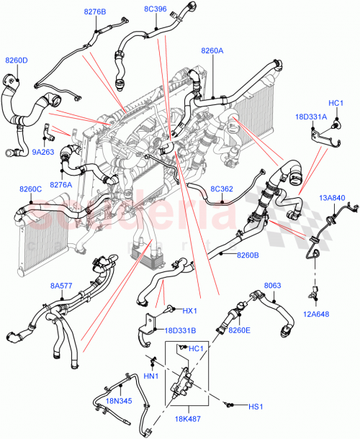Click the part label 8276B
pyautogui.click(x=94, y=12)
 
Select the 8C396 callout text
pyautogui.click(x=155, y=9)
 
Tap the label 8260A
pyautogui.click(x=212, y=51)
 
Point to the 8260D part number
pyautogui.click(x=17, y=60)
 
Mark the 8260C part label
pyautogui.click(x=31, y=189)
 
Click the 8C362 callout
pyautogui.click(x=221, y=190)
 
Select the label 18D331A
pyautogui.click(x=310, y=117)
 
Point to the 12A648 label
pyautogui.click(x=318, y=314)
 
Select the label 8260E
pyautogui.click(x=239, y=330)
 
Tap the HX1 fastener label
pyautogui.click(x=189, y=311)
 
